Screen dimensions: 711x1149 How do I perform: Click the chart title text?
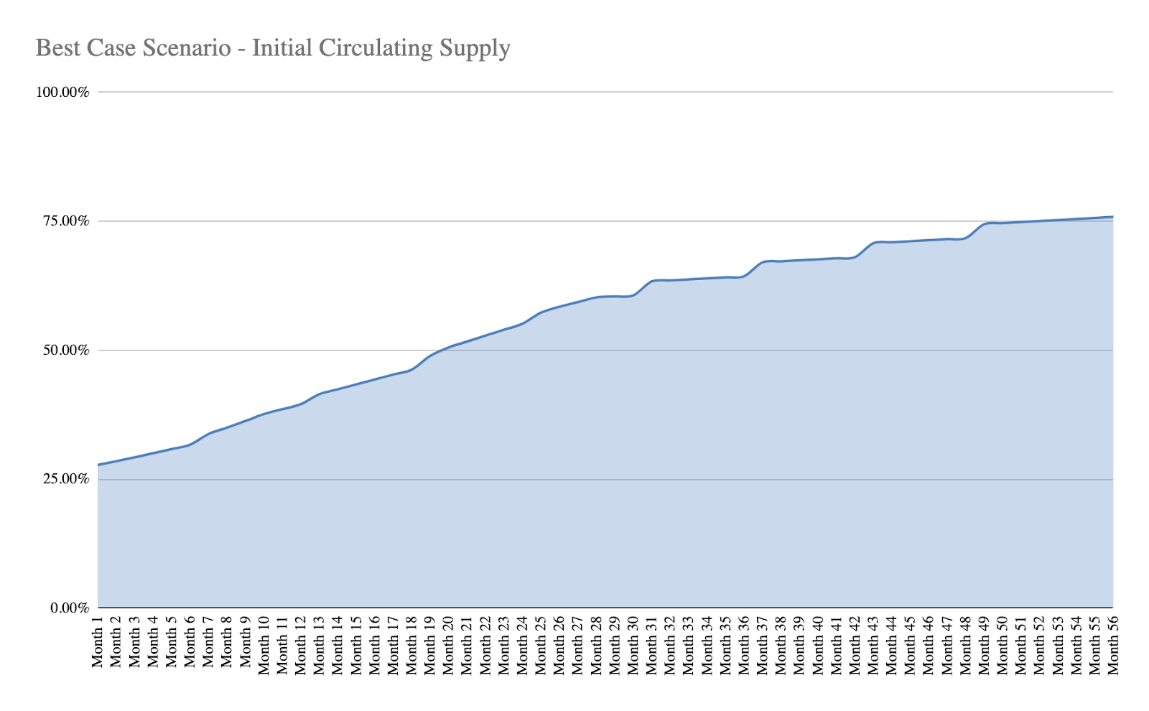click(x=273, y=48)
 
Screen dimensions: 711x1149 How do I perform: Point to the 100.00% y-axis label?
click(x=63, y=92)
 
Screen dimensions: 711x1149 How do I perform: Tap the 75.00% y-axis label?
click(x=66, y=221)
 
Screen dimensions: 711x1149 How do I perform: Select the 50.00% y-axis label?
click(x=66, y=350)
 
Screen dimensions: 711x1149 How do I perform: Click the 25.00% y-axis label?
click(x=66, y=479)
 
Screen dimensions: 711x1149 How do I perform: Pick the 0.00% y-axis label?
click(x=70, y=608)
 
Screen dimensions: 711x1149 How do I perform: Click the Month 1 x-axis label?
click(x=98, y=642)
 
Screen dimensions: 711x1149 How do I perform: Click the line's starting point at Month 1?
click(x=98, y=465)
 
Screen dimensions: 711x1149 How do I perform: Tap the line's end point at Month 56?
click(x=1112, y=217)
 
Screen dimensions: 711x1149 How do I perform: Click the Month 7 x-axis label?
click(x=208, y=642)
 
